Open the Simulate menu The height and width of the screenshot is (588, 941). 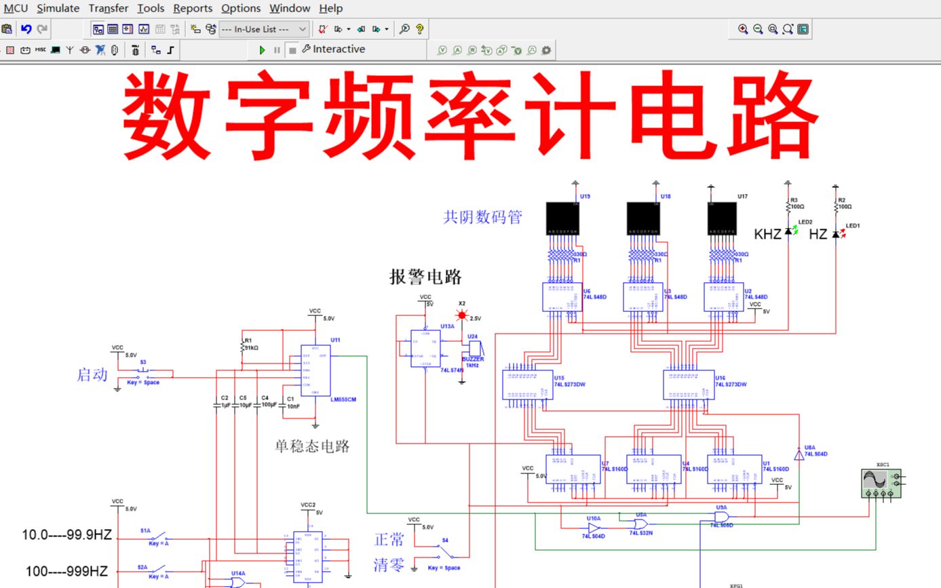click(x=58, y=8)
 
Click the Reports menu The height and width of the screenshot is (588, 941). click(x=193, y=8)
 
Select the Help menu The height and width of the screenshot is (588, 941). click(x=330, y=8)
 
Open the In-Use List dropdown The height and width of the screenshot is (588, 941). click(x=264, y=29)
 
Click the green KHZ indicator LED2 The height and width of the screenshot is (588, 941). click(x=788, y=232)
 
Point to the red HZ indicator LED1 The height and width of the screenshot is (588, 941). click(x=836, y=234)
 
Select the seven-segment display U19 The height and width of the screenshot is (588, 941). click(x=562, y=218)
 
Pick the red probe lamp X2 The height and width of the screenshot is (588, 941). click(x=463, y=315)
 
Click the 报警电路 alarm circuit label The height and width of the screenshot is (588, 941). click(x=425, y=277)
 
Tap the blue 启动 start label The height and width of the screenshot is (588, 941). click(x=92, y=374)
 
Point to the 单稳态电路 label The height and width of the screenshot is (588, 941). click(x=312, y=446)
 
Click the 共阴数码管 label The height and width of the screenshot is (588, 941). click(x=482, y=218)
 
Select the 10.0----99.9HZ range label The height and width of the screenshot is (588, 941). click(x=66, y=534)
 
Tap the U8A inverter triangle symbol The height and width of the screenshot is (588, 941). click(x=799, y=455)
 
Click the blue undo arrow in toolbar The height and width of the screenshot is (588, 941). click(x=26, y=29)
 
